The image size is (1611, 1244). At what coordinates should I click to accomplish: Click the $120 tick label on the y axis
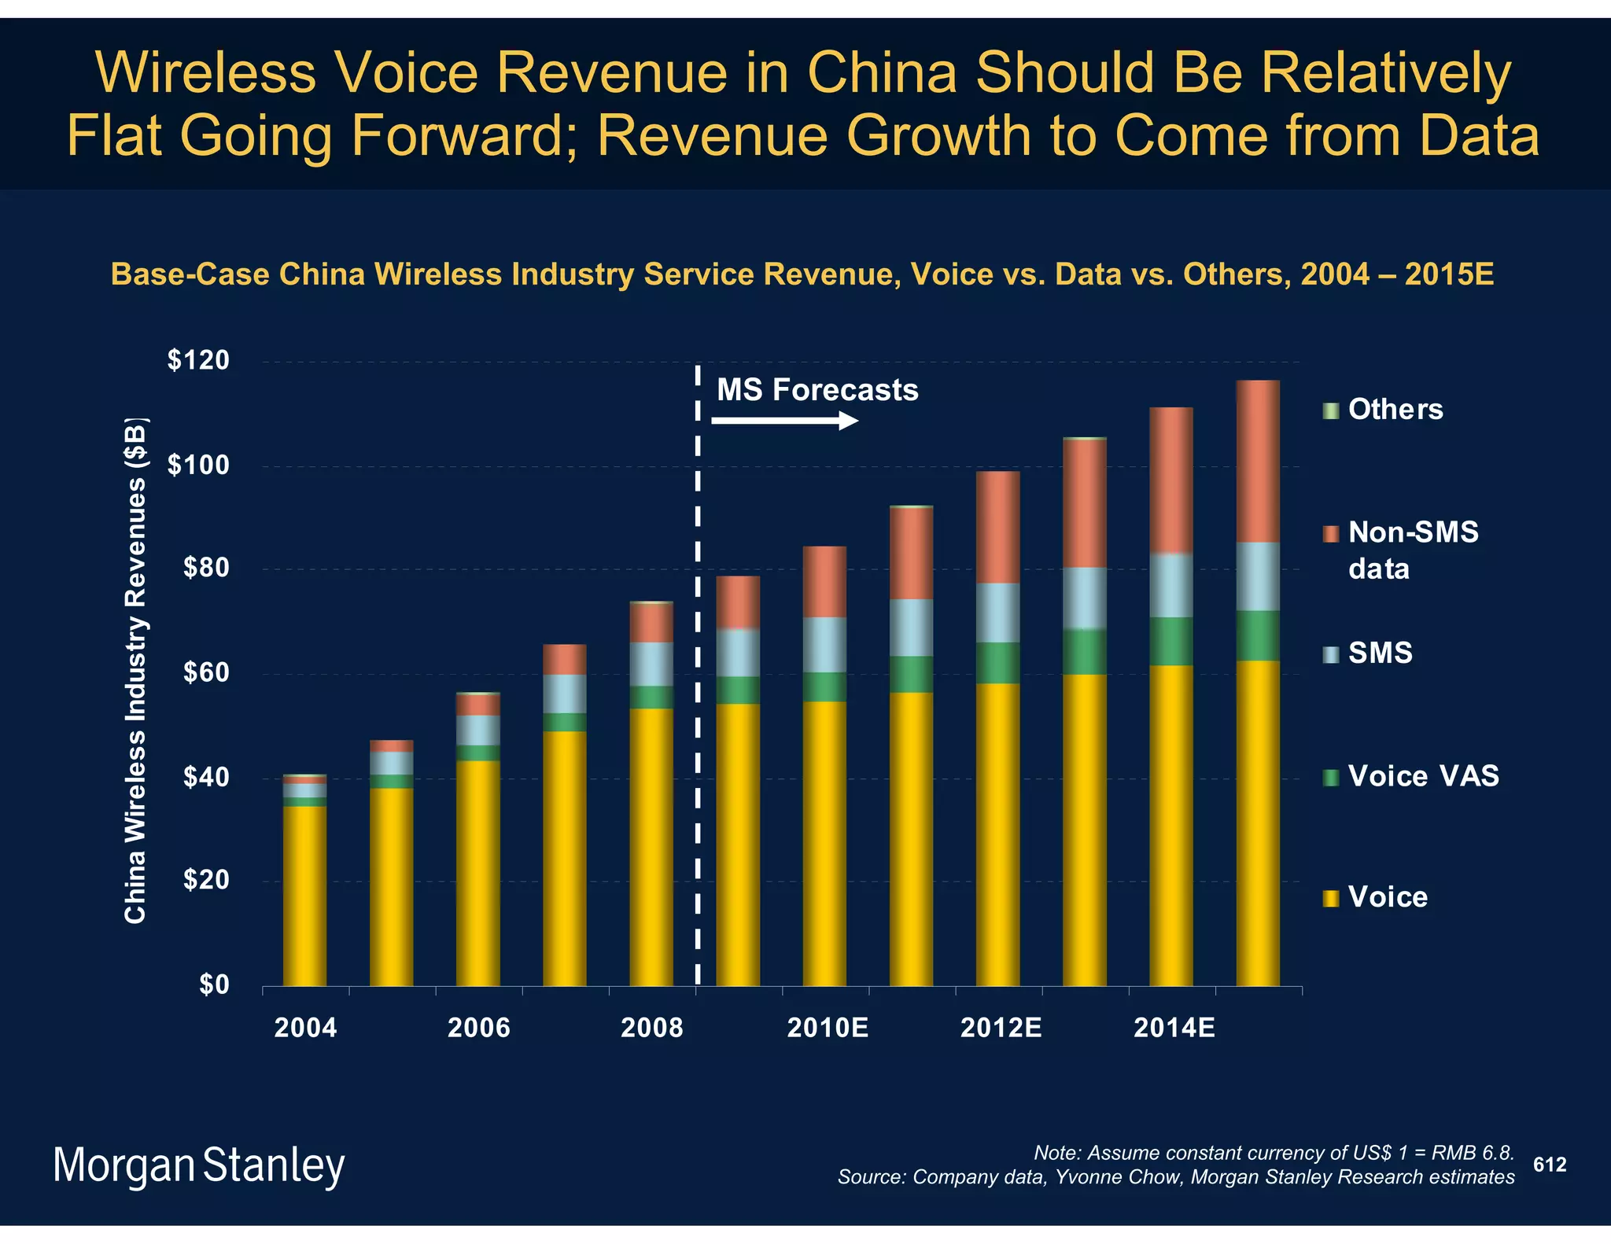point(198,361)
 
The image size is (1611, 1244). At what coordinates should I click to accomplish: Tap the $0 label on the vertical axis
point(214,985)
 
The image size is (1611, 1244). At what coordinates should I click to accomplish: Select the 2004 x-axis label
point(305,1028)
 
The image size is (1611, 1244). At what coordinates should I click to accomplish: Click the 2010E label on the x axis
point(828,1028)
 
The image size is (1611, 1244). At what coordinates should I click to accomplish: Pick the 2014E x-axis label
point(1174,1028)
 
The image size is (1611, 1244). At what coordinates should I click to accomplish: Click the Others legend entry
point(1395,410)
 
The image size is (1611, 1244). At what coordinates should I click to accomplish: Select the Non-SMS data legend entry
point(1412,550)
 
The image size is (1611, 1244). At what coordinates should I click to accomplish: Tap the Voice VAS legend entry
point(1422,777)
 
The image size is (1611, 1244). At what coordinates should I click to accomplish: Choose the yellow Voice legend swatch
point(1331,898)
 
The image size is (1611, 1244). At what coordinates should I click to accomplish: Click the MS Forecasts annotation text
point(817,390)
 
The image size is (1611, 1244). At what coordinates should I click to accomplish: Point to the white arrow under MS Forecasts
point(784,421)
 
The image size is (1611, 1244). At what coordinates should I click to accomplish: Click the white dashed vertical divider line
point(698,708)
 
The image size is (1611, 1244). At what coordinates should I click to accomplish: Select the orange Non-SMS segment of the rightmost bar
point(1258,462)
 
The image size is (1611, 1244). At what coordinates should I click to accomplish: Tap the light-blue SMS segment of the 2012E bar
point(997,613)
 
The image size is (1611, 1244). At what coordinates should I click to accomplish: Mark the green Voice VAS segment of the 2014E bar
point(1171,641)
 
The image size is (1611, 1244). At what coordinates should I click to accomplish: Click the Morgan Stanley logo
point(198,1166)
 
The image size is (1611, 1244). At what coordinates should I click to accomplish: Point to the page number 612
point(1550,1165)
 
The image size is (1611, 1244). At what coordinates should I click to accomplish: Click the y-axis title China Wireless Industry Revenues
point(135,672)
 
